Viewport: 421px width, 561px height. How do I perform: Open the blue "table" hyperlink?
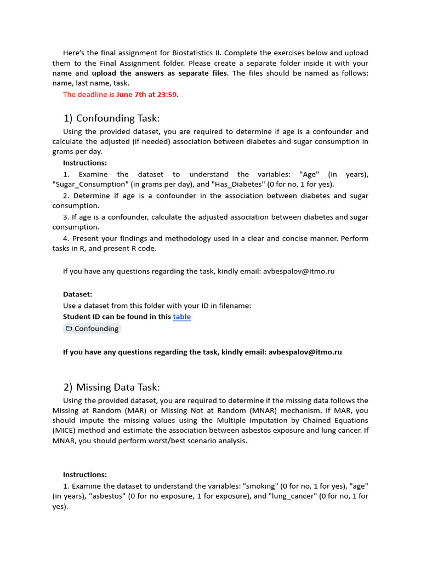click(182, 317)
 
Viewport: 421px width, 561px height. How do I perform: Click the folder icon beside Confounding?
click(69, 329)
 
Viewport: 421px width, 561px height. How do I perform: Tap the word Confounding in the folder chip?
click(96, 329)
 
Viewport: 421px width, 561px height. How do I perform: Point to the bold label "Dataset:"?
click(78, 294)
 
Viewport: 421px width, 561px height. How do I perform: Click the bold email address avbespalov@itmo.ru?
click(305, 352)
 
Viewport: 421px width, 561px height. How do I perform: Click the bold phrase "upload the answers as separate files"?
click(159, 73)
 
